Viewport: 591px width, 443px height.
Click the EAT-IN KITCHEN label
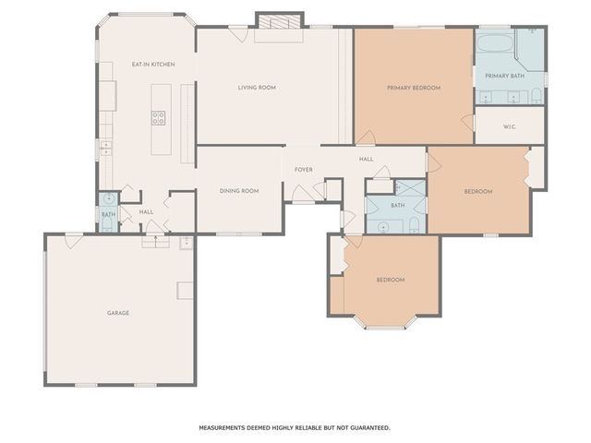(153, 64)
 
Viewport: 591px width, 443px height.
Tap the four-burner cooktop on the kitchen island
(159, 117)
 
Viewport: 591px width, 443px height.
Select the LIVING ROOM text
(257, 88)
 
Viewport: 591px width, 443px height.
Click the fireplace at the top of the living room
(279, 21)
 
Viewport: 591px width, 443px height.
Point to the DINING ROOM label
(238, 191)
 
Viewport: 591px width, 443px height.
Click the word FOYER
(304, 170)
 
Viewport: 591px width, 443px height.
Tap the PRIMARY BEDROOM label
(413, 88)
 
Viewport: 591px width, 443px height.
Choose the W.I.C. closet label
(509, 126)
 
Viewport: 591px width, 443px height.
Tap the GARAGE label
(118, 313)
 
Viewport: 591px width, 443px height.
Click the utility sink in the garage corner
(187, 243)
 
